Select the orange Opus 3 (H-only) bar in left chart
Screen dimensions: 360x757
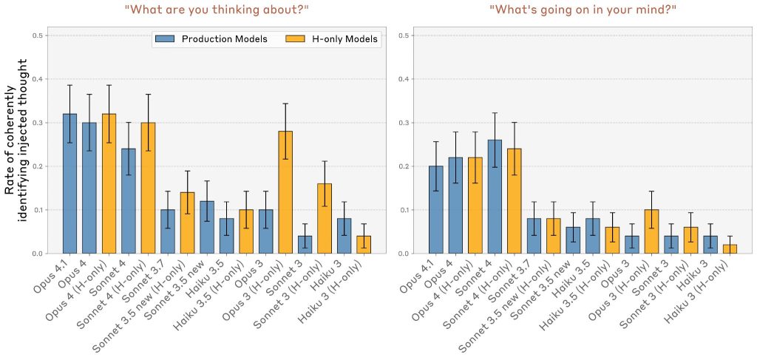click(x=285, y=192)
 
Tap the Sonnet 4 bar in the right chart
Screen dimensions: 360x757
click(x=495, y=197)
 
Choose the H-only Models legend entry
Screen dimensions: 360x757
click(x=332, y=38)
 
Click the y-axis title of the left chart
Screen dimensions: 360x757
click(x=16, y=149)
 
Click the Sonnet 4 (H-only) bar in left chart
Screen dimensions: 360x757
click(x=148, y=188)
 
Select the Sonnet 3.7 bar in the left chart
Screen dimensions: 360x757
click(x=168, y=231)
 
